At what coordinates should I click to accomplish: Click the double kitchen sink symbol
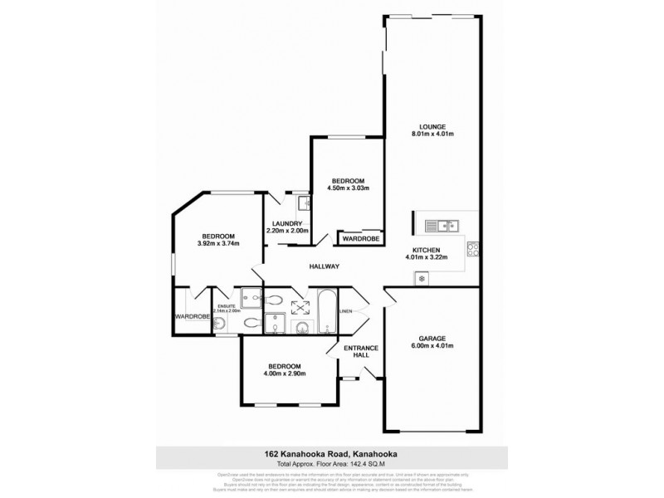click(441, 224)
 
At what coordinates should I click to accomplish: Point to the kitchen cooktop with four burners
click(472, 248)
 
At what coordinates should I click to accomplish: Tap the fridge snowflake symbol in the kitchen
click(422, 278)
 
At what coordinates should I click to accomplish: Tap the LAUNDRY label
click(286, 222)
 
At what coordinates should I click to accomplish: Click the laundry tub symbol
click(303, 202)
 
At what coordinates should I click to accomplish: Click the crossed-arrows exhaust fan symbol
click(296, 307)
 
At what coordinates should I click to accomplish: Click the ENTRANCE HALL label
click(362, 352)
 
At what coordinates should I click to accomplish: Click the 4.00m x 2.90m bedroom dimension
click(284, 373)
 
